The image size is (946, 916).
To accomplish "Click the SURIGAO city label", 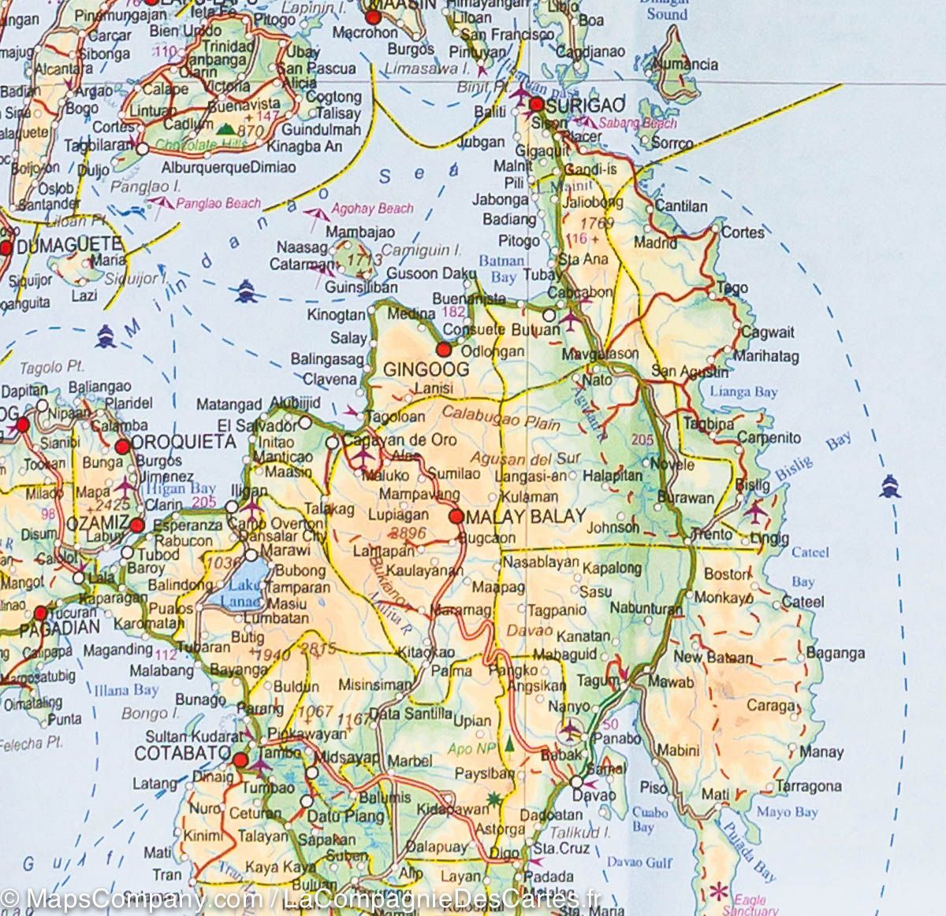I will pos(587,105).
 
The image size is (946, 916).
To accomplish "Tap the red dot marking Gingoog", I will pos(443,349).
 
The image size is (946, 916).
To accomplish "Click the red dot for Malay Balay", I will pos(456,517).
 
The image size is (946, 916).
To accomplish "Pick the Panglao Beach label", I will pos(218,203).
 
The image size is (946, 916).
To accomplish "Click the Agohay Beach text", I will pos(372,209).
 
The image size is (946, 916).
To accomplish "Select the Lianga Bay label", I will pos(743,391).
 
